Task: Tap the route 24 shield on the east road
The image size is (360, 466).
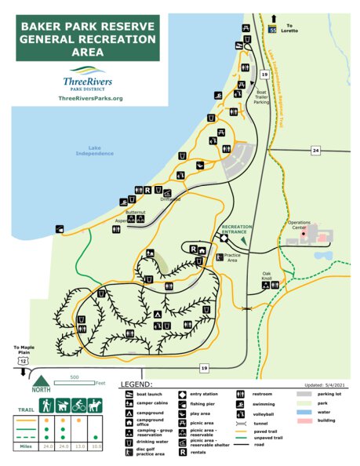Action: coord(315,150)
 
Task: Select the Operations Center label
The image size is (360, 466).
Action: coord(300,225)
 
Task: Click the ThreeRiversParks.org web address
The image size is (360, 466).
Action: coord(91,98)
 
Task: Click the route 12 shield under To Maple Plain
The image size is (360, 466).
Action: coord(24,360)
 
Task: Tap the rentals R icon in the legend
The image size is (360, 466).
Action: coord(183,450)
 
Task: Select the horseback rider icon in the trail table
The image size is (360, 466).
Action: coord(95,406)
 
